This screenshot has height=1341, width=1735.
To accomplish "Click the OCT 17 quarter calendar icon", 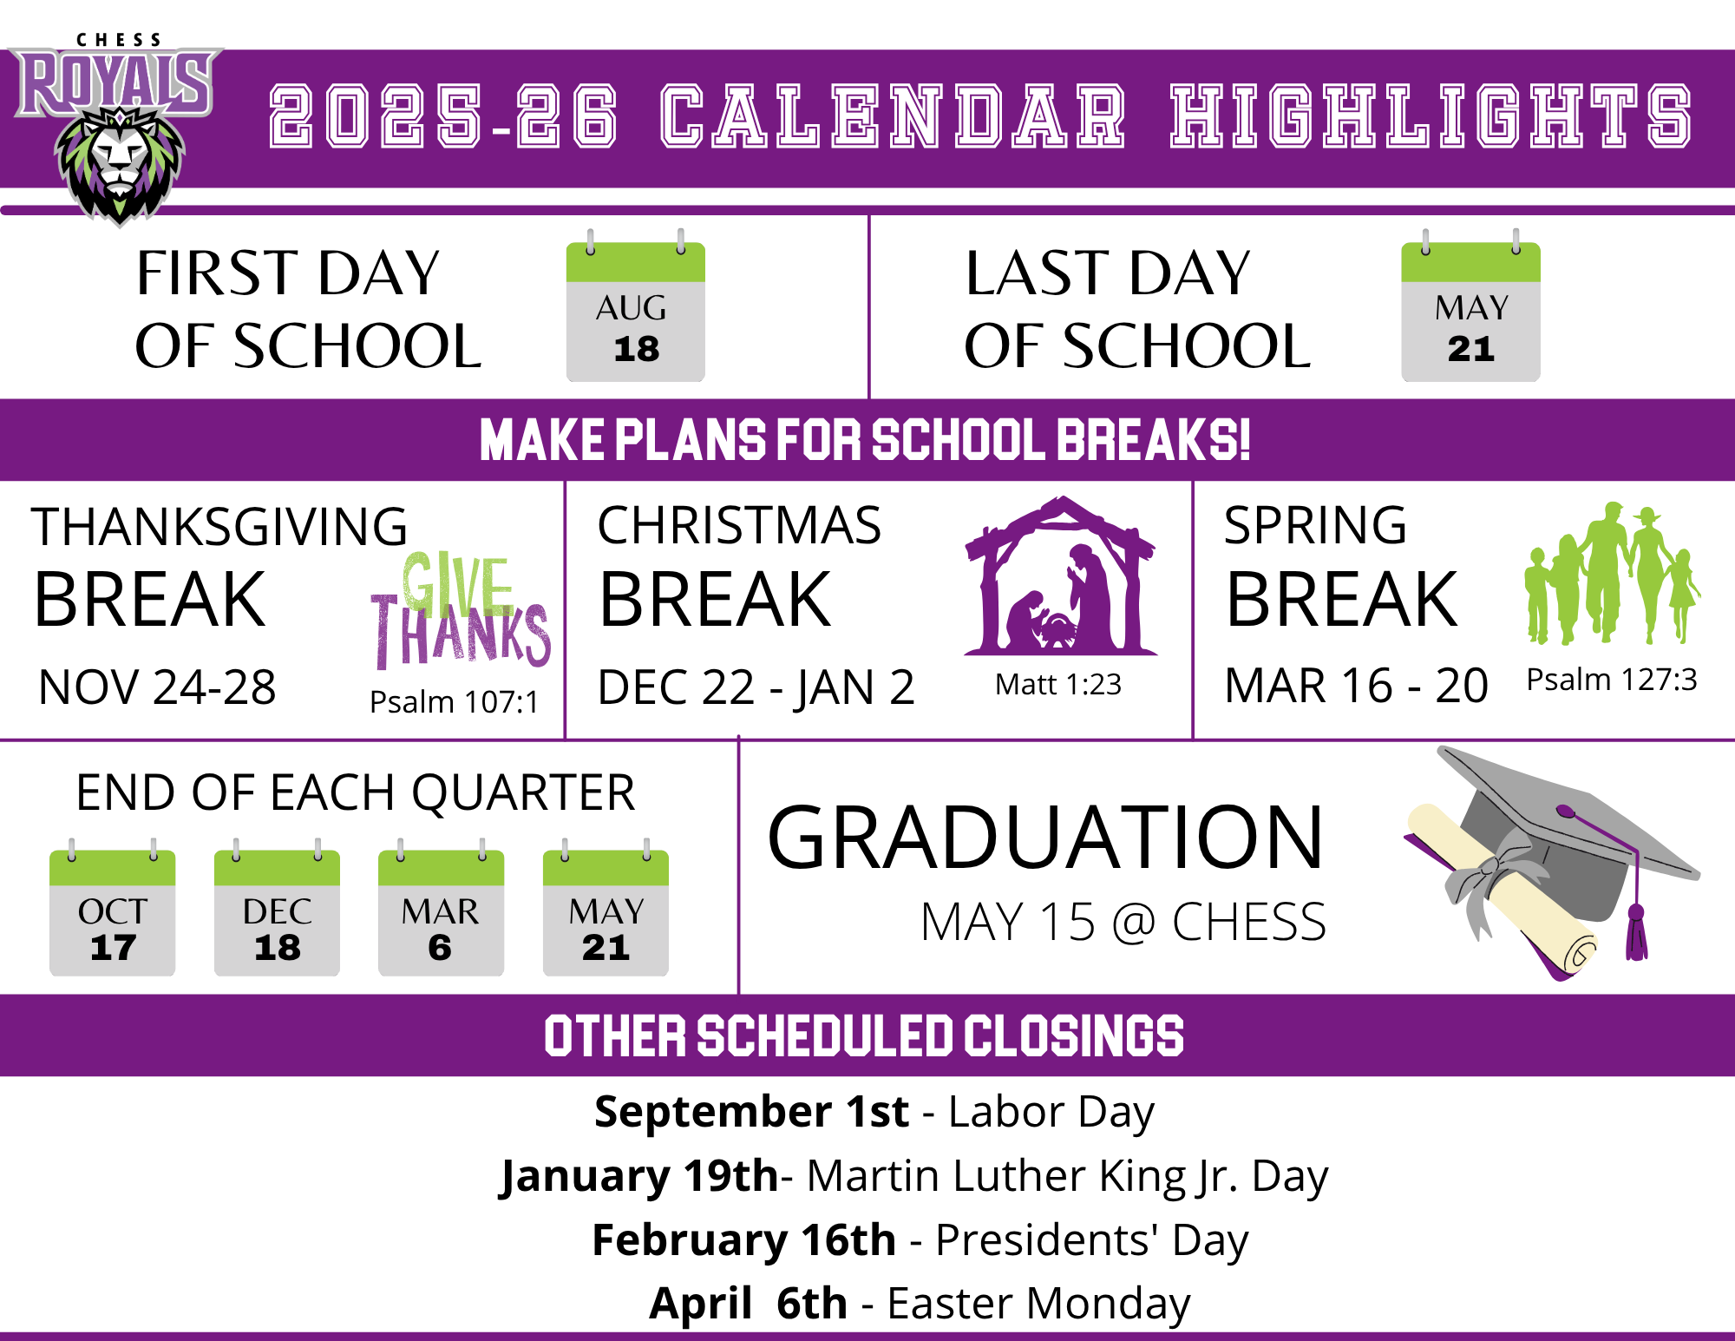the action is (113, 908).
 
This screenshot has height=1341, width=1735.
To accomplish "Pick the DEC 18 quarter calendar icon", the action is (277, 908).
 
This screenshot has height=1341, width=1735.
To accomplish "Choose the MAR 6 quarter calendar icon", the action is (441, 908).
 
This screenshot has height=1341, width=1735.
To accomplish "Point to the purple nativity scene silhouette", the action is (1060, 575).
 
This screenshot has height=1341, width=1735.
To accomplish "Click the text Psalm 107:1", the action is (454, 701).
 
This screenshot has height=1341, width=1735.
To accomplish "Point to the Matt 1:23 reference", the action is (1058, 684).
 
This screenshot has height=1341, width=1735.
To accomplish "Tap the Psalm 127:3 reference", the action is (1612, 679).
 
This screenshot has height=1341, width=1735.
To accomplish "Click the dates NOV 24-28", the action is (157, 687).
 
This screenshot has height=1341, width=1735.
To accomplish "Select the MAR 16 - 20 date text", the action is (1356, 685).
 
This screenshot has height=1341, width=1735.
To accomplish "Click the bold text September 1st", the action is (752, 1111).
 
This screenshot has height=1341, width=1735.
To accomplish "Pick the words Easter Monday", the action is (1038, 1303).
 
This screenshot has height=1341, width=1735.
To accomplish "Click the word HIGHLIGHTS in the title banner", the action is (1431, 115).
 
